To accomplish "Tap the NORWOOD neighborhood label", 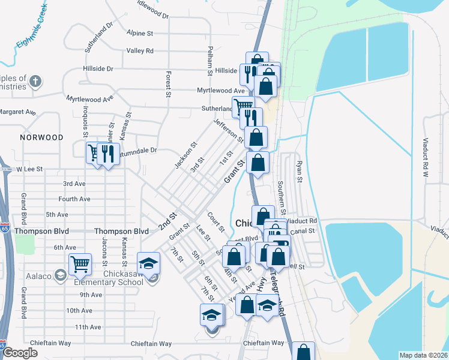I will pos(41,137).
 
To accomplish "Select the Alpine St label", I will pos(140,33).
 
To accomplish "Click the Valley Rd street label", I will pos(140,51).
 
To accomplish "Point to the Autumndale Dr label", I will pos(138,150).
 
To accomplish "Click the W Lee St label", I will pos(31,170).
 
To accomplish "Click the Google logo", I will pos(19,353).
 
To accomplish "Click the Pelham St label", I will pos(210,60).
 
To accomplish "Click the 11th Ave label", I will pos(88,327).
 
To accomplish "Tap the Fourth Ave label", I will pos(74,199).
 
